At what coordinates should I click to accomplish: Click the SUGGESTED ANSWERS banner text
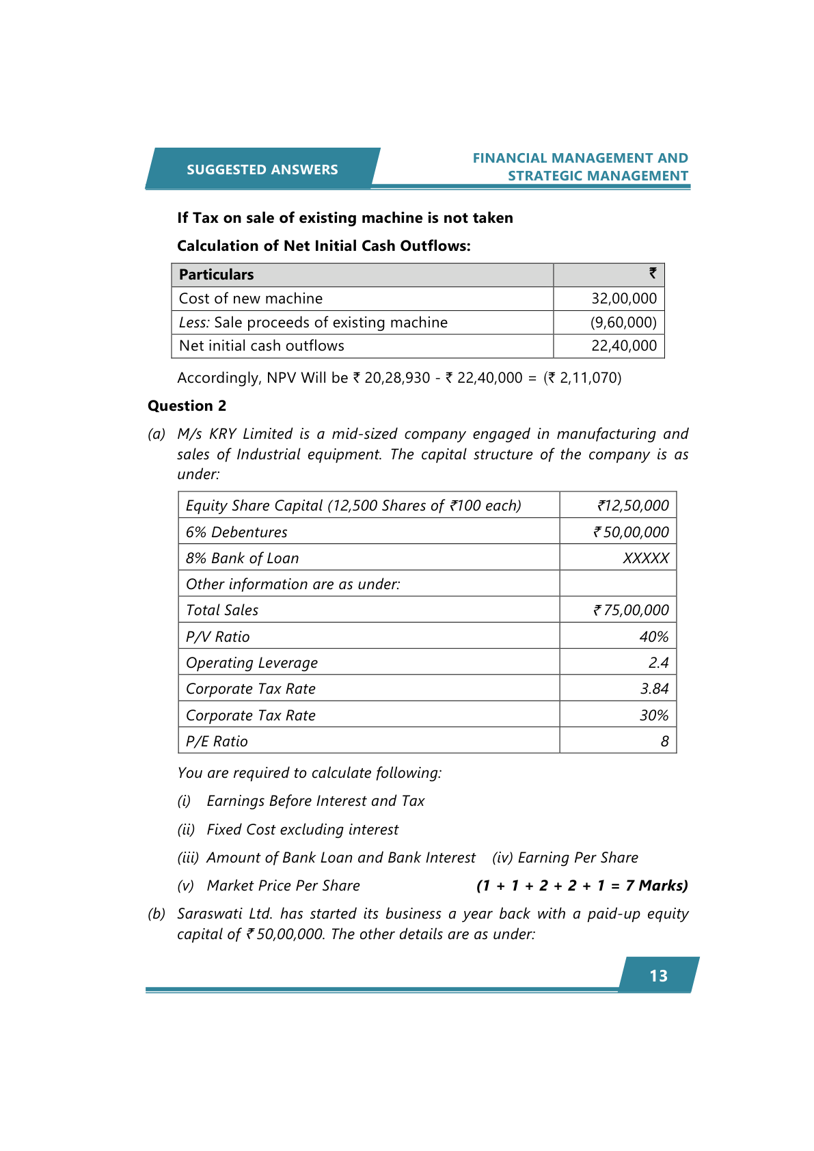tap(262, 170)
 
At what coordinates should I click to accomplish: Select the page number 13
tap(658, 975)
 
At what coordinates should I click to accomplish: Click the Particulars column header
tap(216, 275)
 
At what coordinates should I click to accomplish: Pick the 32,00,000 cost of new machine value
tap(623, 299)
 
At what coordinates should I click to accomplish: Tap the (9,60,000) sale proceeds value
tap(623, 323)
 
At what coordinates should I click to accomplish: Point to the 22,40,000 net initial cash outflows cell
tap(623, 346)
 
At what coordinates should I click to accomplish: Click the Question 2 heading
tap(187, 406)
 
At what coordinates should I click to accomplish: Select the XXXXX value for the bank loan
tap(645, 558)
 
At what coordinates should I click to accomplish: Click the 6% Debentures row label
tap(236, 532)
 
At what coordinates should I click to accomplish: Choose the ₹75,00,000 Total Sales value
tap(631, 610)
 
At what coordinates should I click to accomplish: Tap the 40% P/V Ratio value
tap(653, 637)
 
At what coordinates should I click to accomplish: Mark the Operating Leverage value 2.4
tap(658, 663)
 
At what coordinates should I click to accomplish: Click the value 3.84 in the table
tap(654, 689)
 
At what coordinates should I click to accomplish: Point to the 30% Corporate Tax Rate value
tap(653, 716)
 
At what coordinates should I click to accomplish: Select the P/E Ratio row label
tap(217, 742)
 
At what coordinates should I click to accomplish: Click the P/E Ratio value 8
tap(664, 742)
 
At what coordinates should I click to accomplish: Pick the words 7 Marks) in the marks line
tap(656, 886)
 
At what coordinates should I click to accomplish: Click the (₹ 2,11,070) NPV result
tap(582, 378)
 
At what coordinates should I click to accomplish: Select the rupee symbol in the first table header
tap(653, 273)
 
